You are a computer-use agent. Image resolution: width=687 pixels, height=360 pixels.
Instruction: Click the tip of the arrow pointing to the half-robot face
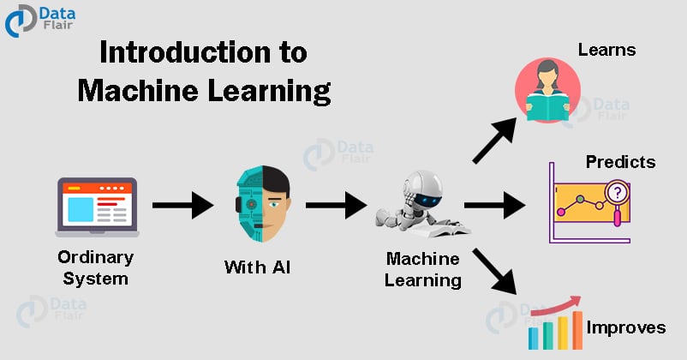point(213,205)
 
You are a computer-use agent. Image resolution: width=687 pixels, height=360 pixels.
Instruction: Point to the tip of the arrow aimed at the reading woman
point(517,118)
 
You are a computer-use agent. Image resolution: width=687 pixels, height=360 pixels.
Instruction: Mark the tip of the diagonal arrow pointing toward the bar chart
point(517,294)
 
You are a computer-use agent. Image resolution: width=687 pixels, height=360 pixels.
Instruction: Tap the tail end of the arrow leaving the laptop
point(152,205)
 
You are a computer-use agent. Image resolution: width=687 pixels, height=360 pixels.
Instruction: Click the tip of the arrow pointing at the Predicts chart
point(526,205)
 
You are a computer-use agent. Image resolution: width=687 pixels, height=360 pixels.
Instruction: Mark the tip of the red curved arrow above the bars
point(581,297)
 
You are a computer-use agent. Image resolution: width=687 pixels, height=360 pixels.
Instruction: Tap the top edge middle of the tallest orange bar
point(577,311)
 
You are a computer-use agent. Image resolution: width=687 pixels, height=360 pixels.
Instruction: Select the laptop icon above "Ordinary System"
point(97,207)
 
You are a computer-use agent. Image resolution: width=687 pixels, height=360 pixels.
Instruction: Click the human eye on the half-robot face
point(275,204)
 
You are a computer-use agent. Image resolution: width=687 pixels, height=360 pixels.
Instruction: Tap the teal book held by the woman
point(547,107)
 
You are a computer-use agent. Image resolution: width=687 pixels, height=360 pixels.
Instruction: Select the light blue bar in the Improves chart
point(533,338)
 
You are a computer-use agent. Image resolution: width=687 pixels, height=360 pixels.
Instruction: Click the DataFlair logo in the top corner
point(40,21)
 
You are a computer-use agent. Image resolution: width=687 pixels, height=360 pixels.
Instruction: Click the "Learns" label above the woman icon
point(606,50)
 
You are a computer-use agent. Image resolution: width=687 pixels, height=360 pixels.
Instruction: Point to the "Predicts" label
point(620,162)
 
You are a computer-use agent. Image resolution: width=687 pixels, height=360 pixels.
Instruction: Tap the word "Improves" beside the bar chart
point(626,327)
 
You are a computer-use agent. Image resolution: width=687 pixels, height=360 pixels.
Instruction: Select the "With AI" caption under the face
point(257,267)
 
